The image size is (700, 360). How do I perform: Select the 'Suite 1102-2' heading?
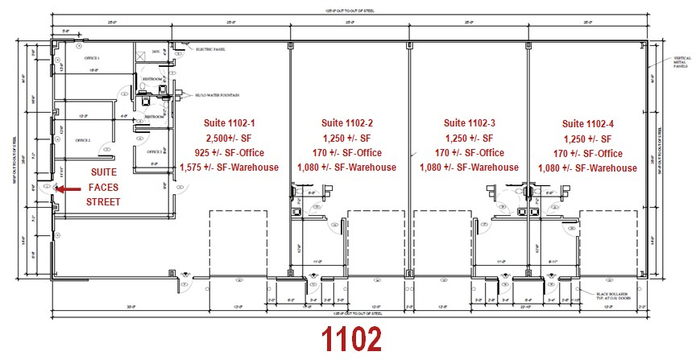(x=346, y=123)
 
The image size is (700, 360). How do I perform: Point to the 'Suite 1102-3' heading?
(x=470, y=123)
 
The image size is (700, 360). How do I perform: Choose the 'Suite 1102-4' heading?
(x=588, y=123)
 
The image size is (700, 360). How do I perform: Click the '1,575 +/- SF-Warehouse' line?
(x=230, y=168)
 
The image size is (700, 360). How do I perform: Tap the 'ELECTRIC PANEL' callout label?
(x=211, y=50)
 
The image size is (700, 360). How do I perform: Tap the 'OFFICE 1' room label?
(x=92, y=59)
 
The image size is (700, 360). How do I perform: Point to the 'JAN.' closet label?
(x=155, y=52)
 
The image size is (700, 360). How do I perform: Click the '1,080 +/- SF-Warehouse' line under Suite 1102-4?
(x=588, y=168)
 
